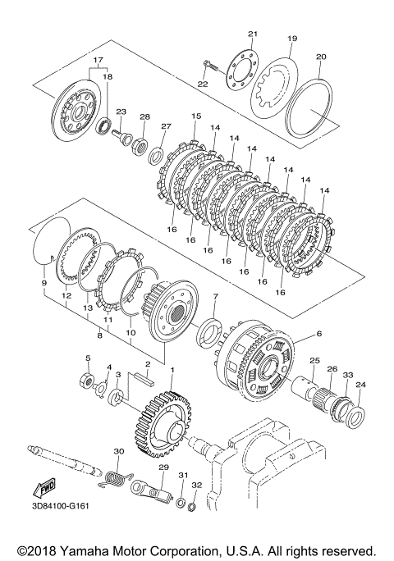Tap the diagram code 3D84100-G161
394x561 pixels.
(x=60, y=506)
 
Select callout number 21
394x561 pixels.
(x=253, y=34)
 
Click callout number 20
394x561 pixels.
(x=321, y=57)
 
